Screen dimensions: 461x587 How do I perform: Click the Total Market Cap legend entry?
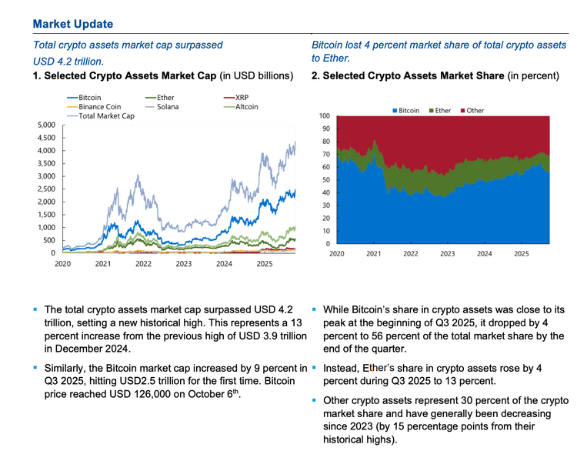[105, 115]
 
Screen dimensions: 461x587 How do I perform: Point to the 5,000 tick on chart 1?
[45, 125]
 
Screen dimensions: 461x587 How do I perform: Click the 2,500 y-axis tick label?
[45, 189]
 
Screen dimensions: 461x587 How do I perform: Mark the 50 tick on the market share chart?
[326, 179]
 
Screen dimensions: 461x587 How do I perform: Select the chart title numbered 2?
[434, 76]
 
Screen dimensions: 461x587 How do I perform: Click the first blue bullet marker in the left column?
[35, 308]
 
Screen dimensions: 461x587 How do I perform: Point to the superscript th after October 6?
[237, 393]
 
